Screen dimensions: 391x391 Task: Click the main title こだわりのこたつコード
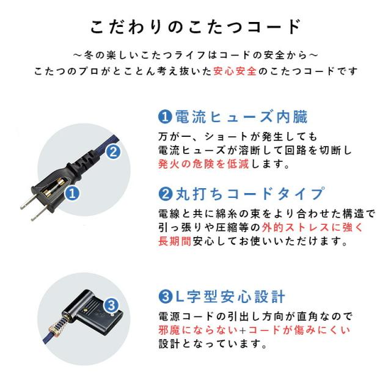pyautogui.click(x=195, y=27)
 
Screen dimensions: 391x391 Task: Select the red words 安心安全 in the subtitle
pyautogui.click(x=235, y=71)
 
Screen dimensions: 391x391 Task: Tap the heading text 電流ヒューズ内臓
pyautogui.click(x=241, y=116)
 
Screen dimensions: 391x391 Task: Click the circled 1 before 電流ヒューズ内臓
pyautogui.click(x=164, y=116)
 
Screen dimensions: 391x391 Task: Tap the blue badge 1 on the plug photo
pyautogui.click(x=71, y=194)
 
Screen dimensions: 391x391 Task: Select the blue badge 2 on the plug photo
pyautogui.click(x=113, y=153)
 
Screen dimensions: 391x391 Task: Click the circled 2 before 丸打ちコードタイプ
pyautogui.click(x=164, y=194)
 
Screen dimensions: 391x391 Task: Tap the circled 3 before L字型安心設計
pyautogui.click(x=164, y=298)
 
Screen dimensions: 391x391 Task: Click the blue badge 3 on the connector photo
pyautogui.click(x=111, y=304)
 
